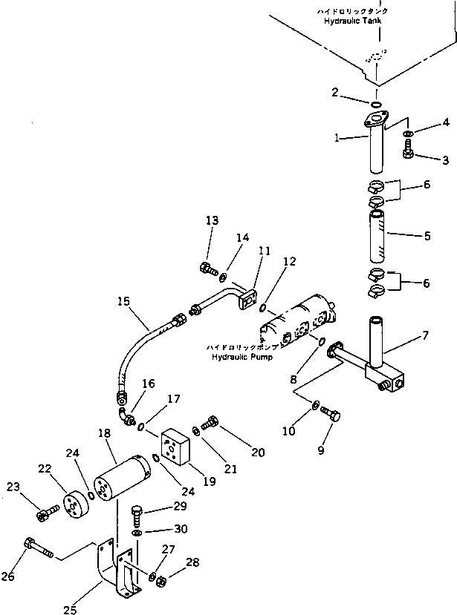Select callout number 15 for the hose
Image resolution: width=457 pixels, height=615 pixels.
[123, 301]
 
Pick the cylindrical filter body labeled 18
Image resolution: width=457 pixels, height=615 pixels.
[122, 481]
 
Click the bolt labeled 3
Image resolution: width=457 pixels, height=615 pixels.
[407, 152]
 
